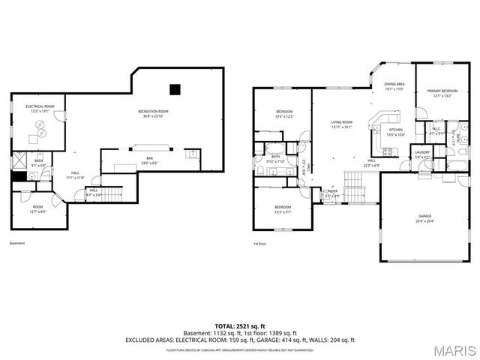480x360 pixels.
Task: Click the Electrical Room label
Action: (40, 108)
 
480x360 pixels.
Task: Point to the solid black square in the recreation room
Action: (175, 89)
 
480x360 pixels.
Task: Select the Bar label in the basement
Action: (150, 160)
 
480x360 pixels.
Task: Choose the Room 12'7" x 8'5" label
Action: (37, 209)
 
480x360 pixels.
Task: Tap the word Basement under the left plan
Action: (17, 243)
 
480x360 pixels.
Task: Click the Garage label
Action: (424, 218)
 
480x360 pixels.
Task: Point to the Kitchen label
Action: (395, 133)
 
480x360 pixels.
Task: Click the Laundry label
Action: (421, 154)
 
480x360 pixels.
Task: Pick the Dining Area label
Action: (394, 87)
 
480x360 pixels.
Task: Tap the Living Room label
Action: (342, 124)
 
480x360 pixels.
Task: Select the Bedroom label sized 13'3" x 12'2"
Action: (283, 115)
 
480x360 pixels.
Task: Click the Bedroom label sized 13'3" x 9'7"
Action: (282, 208)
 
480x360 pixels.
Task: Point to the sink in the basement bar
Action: (192, 154)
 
